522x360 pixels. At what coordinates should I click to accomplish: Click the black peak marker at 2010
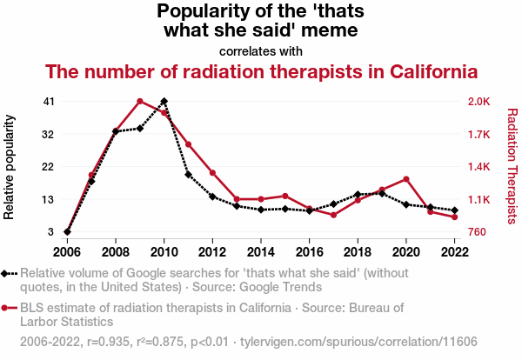click(164, 102)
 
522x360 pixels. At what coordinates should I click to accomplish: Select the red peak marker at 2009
click(140, 102)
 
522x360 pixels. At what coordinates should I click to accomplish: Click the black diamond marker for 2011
click(188, 175)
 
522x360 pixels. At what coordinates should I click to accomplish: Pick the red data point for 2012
click(212, 173)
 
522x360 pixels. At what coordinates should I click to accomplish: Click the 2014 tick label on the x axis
click(261, 252)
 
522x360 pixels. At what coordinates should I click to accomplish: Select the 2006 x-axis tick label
click(67, 252)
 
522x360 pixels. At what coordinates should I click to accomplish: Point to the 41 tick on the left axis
click(49, 102)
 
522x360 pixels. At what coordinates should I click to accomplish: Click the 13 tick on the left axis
click(49, 200)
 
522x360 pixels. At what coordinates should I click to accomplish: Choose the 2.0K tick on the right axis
click(479, 102)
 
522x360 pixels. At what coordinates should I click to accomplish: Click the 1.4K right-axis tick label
click(479, 167)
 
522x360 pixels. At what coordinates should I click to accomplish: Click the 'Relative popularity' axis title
click(10, 167)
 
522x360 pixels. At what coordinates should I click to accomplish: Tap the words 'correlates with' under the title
click(261, 51)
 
